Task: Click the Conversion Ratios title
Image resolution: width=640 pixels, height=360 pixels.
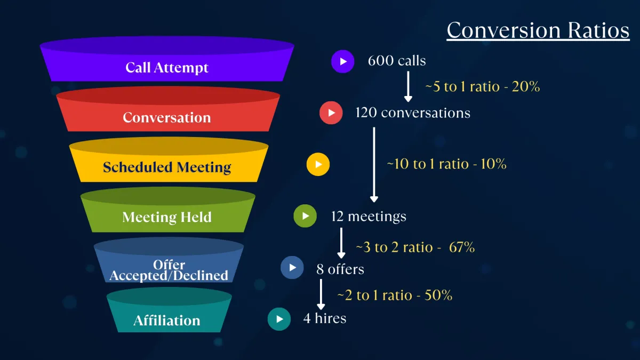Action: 538,30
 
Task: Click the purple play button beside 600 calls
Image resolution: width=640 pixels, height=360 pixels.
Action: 342,61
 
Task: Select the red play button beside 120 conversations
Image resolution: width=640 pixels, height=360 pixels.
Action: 331,113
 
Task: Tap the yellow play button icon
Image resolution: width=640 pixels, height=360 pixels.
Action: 318,164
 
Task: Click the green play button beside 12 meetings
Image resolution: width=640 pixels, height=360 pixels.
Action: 305,216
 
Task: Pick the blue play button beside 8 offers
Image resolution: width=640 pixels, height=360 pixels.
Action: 292,268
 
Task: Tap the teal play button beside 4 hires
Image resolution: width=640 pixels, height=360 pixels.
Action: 279,319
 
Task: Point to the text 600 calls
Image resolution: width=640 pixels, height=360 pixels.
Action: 397,61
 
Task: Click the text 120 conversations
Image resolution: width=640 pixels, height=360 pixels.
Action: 413,113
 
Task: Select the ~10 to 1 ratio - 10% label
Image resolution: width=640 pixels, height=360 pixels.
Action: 446,164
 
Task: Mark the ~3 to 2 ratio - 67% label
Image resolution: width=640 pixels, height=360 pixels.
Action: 415,247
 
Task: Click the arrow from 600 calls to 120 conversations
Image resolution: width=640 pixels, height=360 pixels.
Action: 408,86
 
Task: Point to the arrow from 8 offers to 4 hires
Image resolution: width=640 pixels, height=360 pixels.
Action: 321,294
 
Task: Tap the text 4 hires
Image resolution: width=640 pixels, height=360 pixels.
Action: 325,318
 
